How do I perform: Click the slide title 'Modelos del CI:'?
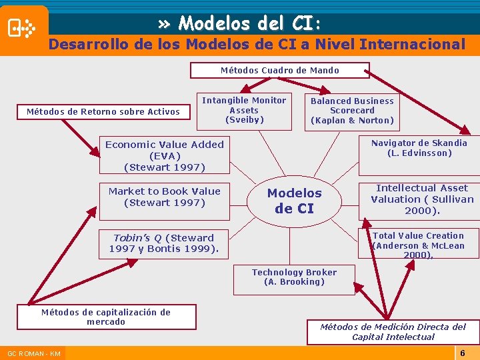click(240, 24)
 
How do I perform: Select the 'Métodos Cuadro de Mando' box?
click(279, 70)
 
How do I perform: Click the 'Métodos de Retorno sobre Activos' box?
click(103, 111)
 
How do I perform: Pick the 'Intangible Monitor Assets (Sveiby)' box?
click(244, 110)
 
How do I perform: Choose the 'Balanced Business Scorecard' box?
click(352, 111)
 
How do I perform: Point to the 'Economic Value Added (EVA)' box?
click(165, 155)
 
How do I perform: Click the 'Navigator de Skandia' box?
click(419, 148)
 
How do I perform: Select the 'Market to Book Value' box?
click(165, 197)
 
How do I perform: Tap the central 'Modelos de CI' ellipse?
click(294, 201)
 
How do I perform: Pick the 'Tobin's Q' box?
click(164, 243)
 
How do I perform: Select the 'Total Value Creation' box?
click(419, 245)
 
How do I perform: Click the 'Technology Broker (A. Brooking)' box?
click(294, 277)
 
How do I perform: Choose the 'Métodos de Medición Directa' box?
click(393, 331)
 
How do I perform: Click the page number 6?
click(462, 352)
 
